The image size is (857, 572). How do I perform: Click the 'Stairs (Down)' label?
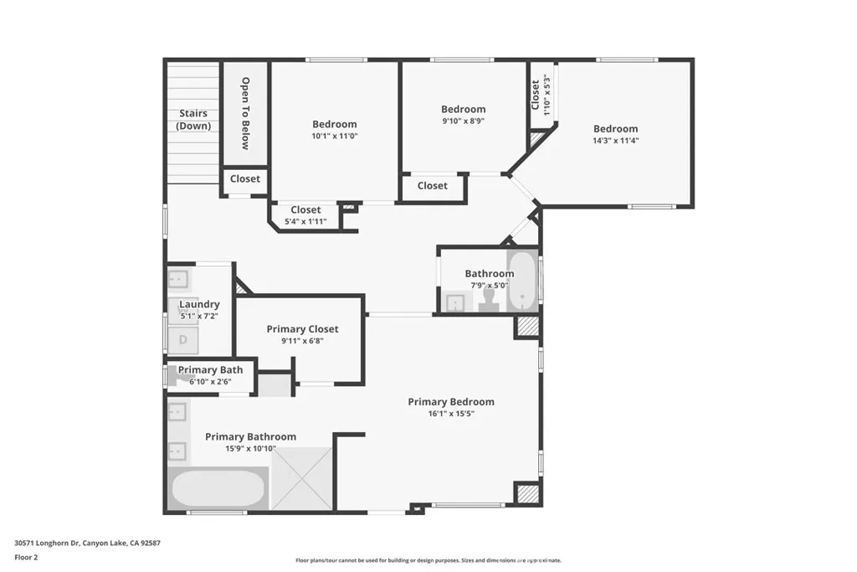(x=192, y=120)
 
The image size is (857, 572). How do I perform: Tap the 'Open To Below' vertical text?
(x=245, y=113)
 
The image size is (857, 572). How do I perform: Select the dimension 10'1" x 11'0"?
(x=335, y=136)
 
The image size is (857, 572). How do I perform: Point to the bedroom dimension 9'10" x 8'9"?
(x=463, y=121)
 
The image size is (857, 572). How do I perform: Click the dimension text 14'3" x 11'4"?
(x=616, y=141)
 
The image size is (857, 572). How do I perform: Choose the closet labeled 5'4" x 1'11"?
(x=305, y=222)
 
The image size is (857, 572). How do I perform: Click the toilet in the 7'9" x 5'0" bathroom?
(x=490, y=299)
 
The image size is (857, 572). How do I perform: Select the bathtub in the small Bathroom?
(x=524, y=281)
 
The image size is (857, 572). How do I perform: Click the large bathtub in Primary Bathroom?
(x=219, y=489)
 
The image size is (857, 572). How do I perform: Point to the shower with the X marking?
(x=302, y=478)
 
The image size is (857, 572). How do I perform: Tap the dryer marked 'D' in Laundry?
(x=183, y=339)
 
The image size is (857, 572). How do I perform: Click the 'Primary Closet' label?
(x=302, y=329)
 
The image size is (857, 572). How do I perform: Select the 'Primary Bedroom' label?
(x=451, y=402)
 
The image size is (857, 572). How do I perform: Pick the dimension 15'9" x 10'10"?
(x=250, y=449)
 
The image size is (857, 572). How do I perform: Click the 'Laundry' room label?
(x=199, y=304)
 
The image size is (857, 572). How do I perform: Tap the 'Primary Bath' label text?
(x=210, y=370)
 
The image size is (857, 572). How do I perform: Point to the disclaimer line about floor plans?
(x=428, y=560)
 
